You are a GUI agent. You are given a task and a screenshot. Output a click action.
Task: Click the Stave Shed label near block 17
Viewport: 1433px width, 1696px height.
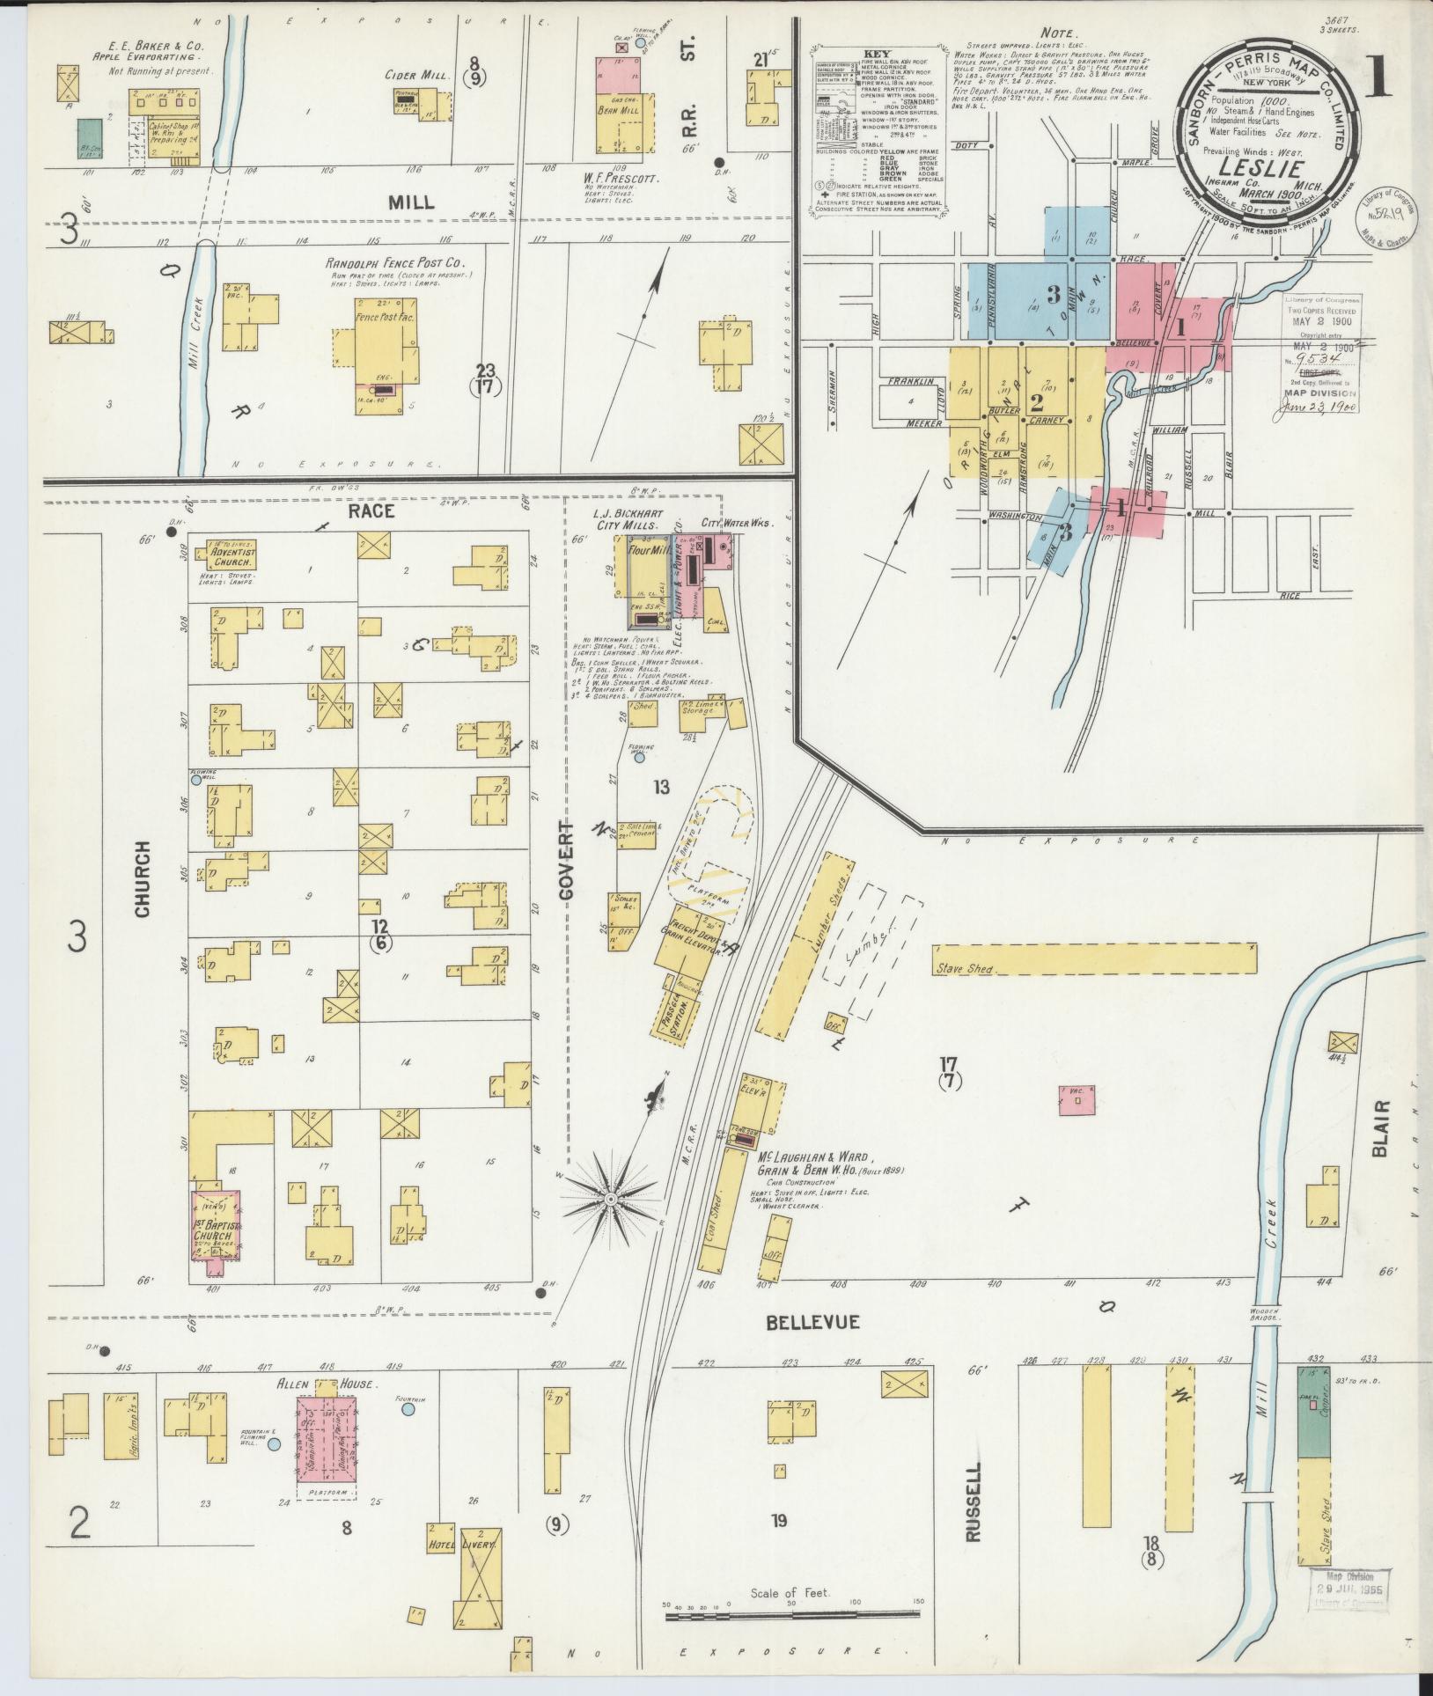pyautogui.click(x=966, y=969)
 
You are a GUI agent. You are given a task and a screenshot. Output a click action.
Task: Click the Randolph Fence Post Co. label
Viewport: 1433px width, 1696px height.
pyautogui.click(x=394, y=262)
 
